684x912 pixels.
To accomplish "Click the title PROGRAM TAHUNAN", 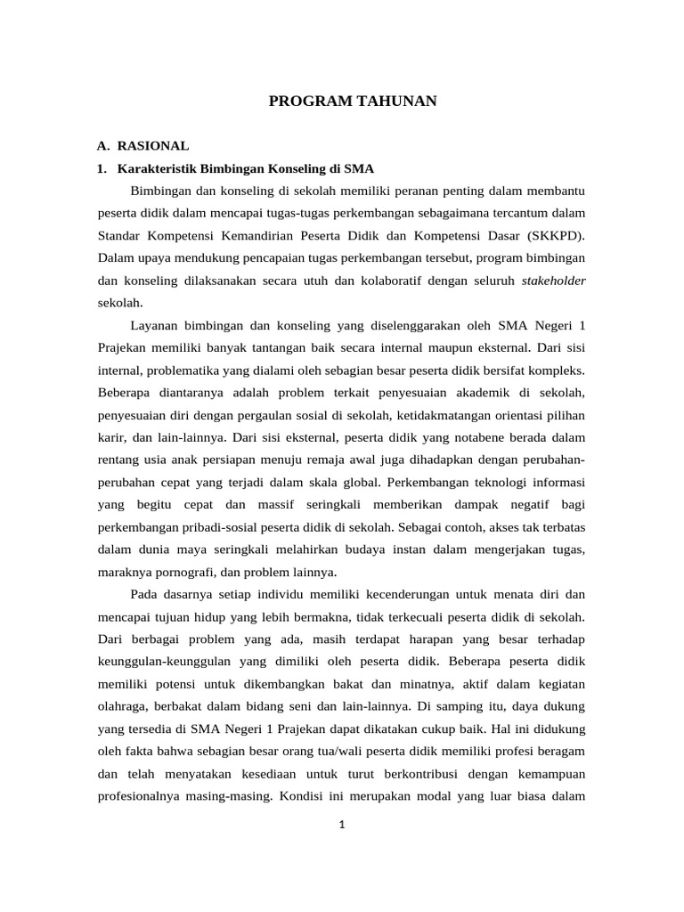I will click(x=353, y=102).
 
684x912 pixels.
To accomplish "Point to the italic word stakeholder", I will click(x=553, y=280).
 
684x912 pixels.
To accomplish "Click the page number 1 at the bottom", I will click(x=341, y=825).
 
